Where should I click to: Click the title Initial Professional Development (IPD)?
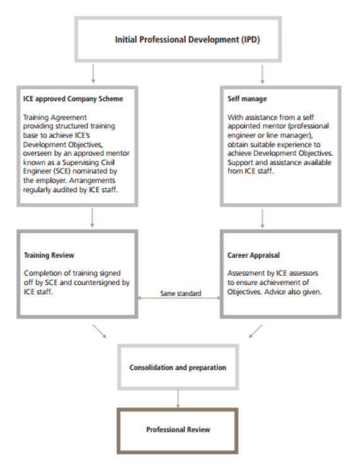pyautogui.click(x=187, y=40)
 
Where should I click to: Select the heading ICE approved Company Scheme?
pyautogui.click(x=73, y=99)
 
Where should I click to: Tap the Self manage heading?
pyautogui.click(x=247, y=99)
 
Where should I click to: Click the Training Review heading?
pyautogui.click(x=49, y=255)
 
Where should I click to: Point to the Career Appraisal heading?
pyautogui.click(x=253, y=255)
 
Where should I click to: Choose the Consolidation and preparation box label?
pyautogui.click(x=178, y=367)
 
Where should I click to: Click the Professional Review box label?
pyautogui.click(x=178, y=430)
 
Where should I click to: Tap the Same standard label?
pyautogui.click(x=181, y=293)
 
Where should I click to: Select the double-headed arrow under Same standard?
pyautogui.click(x=179, y=298)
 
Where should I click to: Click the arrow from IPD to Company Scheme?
pyautogui.click(x=93, y=74)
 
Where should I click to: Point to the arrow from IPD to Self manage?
pyautogui.click(x=262, y=74)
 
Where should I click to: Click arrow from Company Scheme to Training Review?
pyautogui.click(x=92, y=218)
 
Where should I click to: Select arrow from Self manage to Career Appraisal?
pyautogui.click(x=262, y=219)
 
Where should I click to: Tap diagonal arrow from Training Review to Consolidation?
pyautogui.click(x=100, y=331)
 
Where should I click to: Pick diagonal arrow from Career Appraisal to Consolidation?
pyautogui.click(x=256, y=331)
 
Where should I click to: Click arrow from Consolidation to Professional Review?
pyautogui.click(x=178, y=399)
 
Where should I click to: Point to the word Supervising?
pyautogui.click(x=81, y=163)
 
